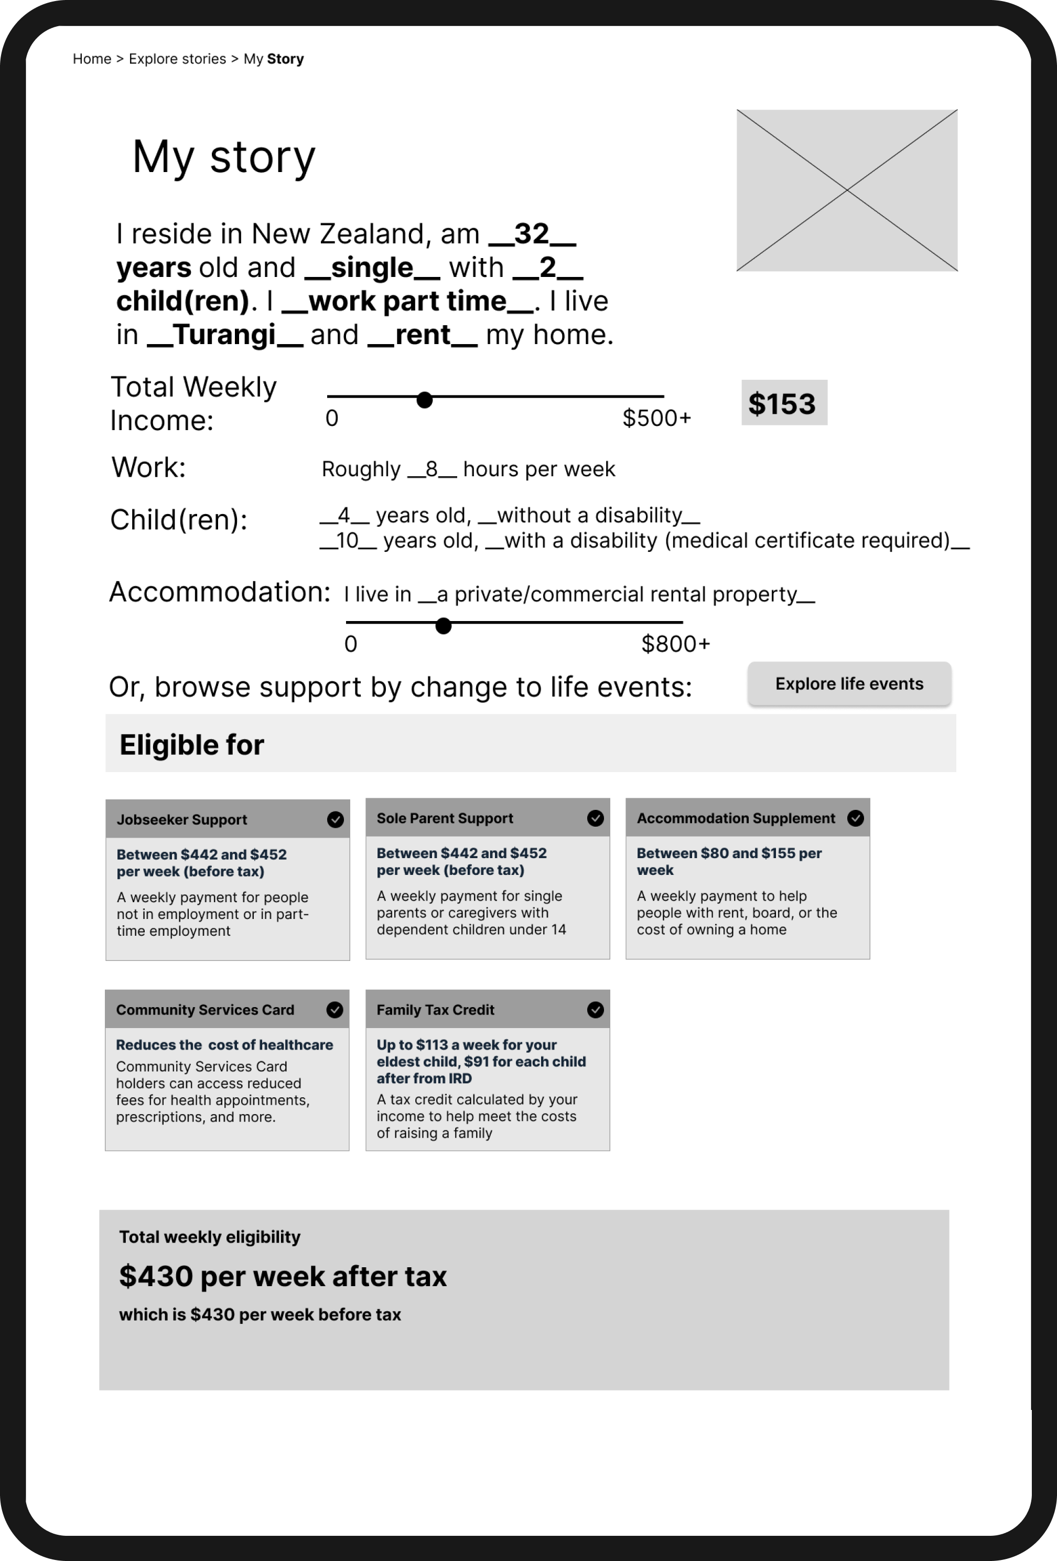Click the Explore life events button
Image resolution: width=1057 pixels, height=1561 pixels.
[849, 684]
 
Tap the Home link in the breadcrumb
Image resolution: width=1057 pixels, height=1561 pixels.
[92, 59]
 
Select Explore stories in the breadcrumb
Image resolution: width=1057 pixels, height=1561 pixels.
[177, 59]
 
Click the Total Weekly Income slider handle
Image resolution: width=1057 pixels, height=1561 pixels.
[424, 400]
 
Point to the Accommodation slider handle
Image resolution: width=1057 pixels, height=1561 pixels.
[443, 626]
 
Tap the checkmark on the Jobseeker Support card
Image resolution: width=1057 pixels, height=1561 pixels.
[335, 819]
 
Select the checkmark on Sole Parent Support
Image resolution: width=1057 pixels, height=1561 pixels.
[595, 818]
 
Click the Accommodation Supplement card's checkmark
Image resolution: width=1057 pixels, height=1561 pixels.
[855, 818]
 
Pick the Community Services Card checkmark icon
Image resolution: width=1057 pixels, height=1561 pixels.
[335, 1010]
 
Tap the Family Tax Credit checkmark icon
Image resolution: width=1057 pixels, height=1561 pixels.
[595, 1010]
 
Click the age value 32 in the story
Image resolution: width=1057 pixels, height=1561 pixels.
[532, 234]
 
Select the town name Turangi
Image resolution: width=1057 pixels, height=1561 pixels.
[225, 335]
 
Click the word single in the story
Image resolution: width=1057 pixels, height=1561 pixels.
[372, 268]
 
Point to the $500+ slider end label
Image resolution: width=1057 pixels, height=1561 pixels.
[656, 418]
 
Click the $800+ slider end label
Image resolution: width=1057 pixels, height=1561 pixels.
[675, 644]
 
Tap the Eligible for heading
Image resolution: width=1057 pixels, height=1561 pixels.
[192, 745]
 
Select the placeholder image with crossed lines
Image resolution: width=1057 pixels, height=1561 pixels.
[847, 190]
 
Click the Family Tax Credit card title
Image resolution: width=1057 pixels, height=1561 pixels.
[435, 1010]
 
